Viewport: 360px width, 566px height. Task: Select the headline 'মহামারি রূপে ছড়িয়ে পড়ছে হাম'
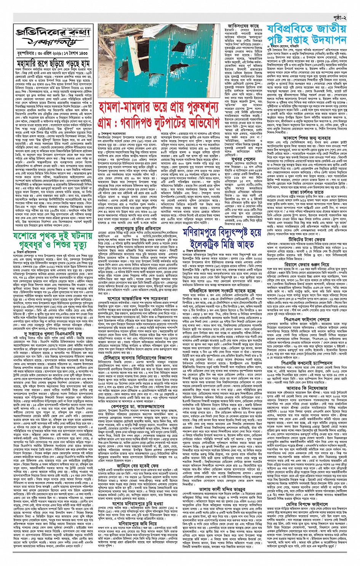click(53, 63)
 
